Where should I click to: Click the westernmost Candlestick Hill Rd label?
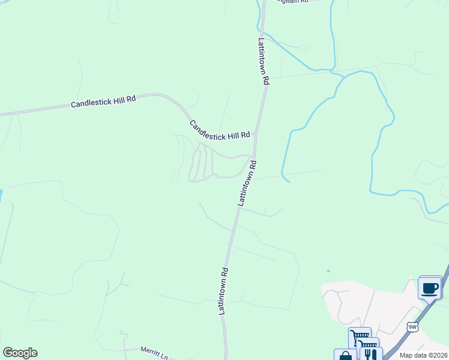pyautogui.click(x=103, y=103)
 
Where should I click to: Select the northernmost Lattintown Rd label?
pyautogui.click(x=264, y=62)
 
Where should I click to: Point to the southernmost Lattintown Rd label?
pyautogui.click(x=222, y=292)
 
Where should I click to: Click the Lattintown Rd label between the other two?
pyautogui.click(x=247, y=184)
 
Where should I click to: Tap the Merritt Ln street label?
pyautogui.click(x=154, y=353)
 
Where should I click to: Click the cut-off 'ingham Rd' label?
pyautogui.click(x=292, y=2)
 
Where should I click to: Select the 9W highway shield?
pyautogui.click(x=412, y=326)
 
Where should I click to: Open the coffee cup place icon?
pyautogui.click(x=430, y=288)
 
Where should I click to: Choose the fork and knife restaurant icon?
pyautogui.click(x=371, y=355)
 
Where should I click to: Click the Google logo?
pyautogui.click(x=20, y=353)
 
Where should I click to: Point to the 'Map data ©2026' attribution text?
pyautogui.click(x=424, y=355)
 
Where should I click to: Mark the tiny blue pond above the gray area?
pyautogui.click(x=328, y=271)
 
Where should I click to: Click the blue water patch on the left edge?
pyautogui.click(x=1, y=196)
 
